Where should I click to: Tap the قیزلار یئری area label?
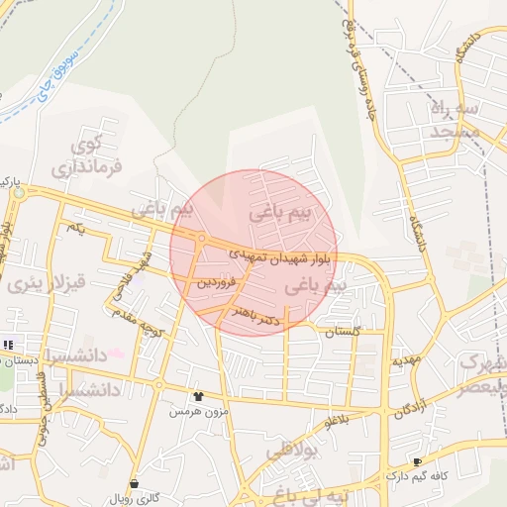47,282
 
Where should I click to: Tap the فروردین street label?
217,282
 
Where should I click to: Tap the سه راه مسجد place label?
455,118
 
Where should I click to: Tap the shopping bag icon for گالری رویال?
134,484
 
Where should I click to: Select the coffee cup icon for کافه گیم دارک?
416,461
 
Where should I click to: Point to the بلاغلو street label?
338,421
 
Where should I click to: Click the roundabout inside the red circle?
201,239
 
